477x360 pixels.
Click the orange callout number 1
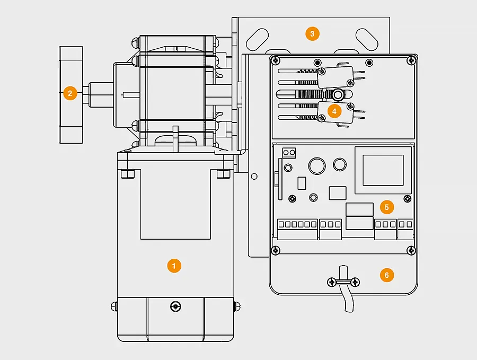click(174, 266)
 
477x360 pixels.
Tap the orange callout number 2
click(70, 93)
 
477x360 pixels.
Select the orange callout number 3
click(312, 33)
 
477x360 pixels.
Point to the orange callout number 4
click(334, 111)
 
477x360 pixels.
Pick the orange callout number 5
click(387, 207)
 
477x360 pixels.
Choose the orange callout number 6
click(387, 275)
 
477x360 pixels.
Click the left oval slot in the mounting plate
click(257, 39)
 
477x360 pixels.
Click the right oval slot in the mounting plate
click(367, 39)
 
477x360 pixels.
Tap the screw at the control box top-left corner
click(276, 60)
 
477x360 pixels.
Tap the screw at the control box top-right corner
click(411, 60)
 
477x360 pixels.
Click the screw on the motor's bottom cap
click(175, 306)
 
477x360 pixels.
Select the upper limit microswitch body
click(335, 77)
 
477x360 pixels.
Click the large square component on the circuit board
click(383, 170)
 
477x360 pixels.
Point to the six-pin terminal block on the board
click(297, 229)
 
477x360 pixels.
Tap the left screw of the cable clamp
click(332, 282)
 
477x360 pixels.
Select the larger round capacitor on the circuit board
click(317, 166)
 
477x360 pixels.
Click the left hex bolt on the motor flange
click(128, 174)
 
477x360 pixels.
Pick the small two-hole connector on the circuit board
click(289, 153)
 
